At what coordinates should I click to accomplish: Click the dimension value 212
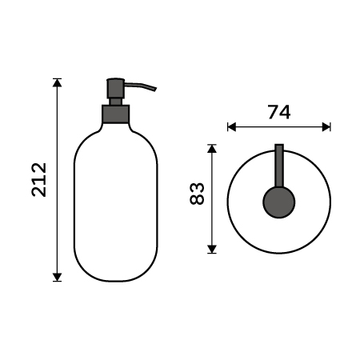(39, 180)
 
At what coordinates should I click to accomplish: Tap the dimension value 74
(278, 112)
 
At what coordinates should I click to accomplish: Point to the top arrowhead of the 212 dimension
(57, 82)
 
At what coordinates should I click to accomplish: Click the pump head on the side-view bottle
(115, 86)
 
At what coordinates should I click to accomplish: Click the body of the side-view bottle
(115, 200)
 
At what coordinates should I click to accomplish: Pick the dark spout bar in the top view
(279, 164)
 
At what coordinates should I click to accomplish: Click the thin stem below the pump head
(115, 100)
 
